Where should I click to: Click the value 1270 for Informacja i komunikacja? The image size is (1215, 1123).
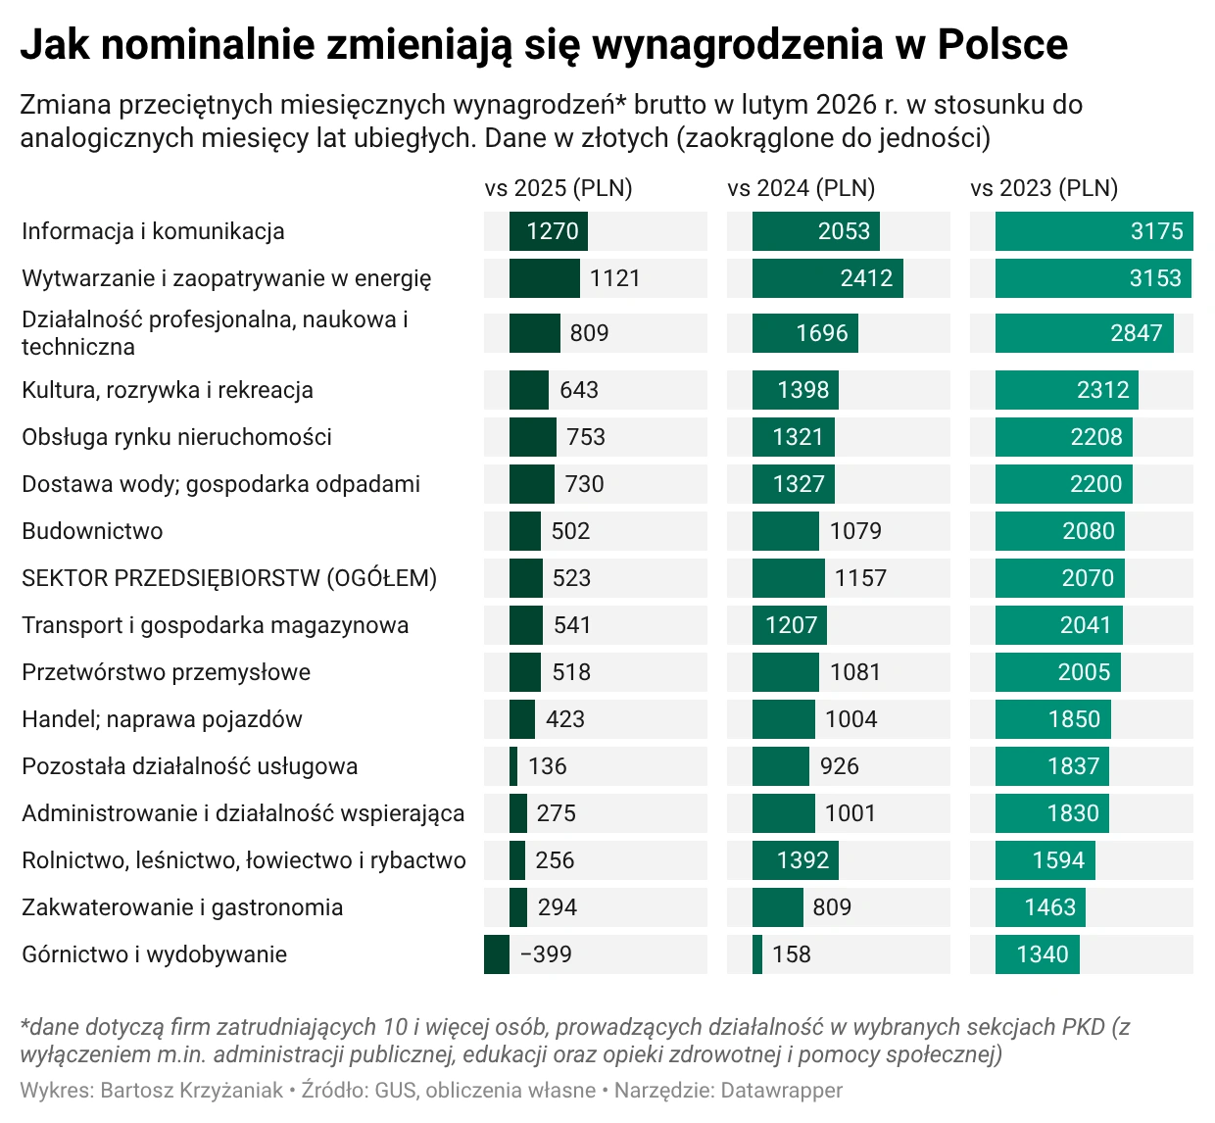point(552,231)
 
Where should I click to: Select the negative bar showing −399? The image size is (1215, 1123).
point(497,954)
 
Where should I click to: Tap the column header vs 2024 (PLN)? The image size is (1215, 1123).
point(801,188)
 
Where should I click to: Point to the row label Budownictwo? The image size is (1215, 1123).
point(92,531)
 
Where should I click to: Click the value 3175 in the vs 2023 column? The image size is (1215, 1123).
point(1156,231)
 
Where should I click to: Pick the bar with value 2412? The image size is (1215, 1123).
point(827,278)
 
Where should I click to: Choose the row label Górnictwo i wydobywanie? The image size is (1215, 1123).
point(154,954)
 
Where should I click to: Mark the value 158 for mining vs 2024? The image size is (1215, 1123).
point(791,954)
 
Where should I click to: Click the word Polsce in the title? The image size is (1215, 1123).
point(1001,44)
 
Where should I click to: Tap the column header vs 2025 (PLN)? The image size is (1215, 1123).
point(558,188)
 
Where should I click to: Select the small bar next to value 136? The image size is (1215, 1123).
point(513,766)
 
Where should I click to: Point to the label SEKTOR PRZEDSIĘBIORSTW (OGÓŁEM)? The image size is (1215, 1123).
point(229,578)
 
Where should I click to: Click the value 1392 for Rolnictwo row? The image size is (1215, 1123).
point(802,860)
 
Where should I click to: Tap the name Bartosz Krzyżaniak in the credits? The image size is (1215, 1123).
point(191,1090)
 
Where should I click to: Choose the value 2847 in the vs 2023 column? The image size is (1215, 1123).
point(1136,333)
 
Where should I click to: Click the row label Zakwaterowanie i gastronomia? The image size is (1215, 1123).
point(182,907)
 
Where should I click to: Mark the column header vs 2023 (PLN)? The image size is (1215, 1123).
point(1044,188)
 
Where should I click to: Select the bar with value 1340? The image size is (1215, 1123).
point(1037,954)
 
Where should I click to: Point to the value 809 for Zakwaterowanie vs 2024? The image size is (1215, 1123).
point(831,907)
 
